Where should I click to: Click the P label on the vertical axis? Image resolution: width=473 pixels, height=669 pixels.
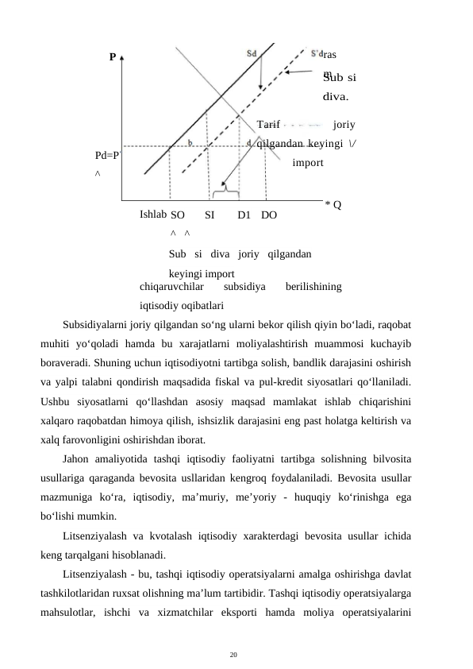click(x=113, y=57)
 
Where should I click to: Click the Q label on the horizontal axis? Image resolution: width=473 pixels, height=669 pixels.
click(x=336, y=205)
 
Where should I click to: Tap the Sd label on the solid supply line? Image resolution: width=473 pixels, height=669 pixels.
click(x=252, y=52)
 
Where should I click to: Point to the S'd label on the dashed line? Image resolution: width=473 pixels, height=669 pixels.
click(x=317, y=52)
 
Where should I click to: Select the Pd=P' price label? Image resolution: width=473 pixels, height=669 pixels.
click(x=107, y=156)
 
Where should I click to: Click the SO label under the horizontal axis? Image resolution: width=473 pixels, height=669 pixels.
click(x=178, y=215)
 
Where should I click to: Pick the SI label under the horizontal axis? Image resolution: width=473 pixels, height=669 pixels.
click(x=210, y=215)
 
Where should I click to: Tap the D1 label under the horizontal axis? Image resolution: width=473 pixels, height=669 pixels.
click(x=244, y=215)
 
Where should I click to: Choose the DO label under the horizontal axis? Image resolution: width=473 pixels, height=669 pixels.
click(x=269, y=215)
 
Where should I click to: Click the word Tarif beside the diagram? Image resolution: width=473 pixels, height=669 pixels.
click(x=269, y=125)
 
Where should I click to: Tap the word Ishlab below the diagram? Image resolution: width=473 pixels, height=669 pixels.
click(x=152, y=214)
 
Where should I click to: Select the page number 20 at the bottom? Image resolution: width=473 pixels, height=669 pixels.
click(x=233, y=654)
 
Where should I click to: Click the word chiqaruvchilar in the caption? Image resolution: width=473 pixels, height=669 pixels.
click(x=171, y=286)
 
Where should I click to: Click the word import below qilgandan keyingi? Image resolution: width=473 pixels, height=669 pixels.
click(x=307, y=164)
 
